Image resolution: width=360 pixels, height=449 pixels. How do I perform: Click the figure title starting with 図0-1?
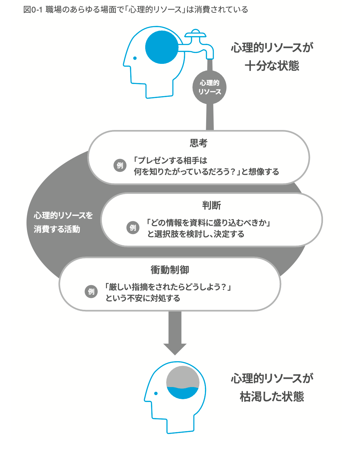tap(136, 10)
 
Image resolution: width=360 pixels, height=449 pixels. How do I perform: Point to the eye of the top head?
tap(135, 58)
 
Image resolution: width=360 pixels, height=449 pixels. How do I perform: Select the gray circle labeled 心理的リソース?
tap(209, 87)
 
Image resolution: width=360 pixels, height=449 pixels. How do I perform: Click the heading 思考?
tap(199, 143)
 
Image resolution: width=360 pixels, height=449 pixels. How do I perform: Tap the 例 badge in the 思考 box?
tap(120, 165)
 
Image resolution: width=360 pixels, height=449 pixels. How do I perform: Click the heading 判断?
tap(211, 205)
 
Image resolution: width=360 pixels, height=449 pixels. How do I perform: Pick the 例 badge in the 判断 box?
tap(133, 228)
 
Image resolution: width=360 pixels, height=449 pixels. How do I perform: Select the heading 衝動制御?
tap(170, 270)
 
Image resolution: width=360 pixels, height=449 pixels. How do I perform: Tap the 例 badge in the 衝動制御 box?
tap(91, 292)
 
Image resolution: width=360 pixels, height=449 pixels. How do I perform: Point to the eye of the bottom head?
tap(156, 393)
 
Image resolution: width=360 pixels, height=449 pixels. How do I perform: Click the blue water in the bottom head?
tap(183, 393)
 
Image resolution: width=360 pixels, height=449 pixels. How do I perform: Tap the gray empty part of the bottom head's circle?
tap(183, 377)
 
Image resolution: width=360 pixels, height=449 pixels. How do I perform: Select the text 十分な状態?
tap(272, 66)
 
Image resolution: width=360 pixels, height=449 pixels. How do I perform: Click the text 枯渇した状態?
tap(272, 397)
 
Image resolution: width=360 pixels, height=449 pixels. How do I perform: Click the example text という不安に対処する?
tap(143, 298)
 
